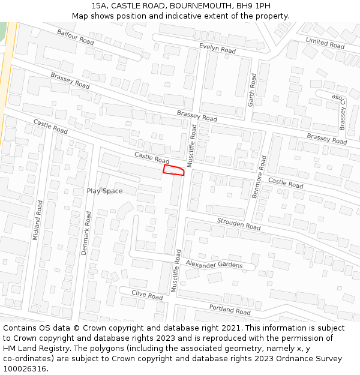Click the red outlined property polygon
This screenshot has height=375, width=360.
point(173,170)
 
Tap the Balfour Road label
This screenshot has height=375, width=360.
point(76,37)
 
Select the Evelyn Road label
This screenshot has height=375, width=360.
point(217,48)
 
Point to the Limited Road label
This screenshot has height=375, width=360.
point(325,42)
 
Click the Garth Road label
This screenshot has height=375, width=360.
point(253,89)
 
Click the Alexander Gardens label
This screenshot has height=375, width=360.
point(214,265)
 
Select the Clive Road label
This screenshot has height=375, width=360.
point(147,295)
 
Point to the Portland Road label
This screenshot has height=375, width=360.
point(230,310)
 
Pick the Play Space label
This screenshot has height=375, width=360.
point(104,191)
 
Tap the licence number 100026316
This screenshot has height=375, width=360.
point(25,369)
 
